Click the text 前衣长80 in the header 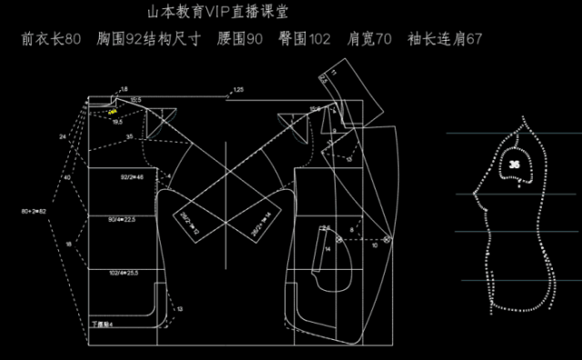(x=55, y=40)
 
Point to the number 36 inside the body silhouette (x=516, y=164)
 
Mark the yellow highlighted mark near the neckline (x=113, y=111)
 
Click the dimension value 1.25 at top (x=238, y=90)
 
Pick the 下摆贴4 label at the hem (x=101, y=323)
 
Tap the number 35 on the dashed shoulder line (x=130, y=136)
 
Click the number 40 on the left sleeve (x=66, y=178)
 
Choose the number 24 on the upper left (x=63, y=136)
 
